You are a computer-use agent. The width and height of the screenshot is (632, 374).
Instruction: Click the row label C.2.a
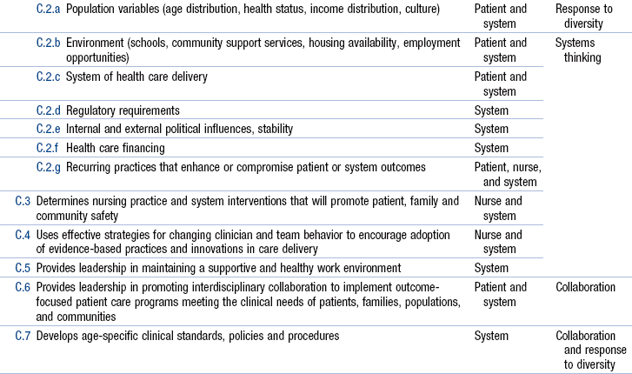(x=49, y=9)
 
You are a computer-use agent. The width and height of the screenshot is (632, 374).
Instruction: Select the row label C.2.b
(x=49, y=43)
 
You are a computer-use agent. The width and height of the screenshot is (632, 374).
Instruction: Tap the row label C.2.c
(x=49, y=77)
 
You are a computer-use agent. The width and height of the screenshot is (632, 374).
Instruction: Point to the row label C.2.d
(x=49, y=110)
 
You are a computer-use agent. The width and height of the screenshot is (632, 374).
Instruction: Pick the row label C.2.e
(x=49, y=129)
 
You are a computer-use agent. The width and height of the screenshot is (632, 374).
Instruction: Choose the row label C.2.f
(x=49, y=148)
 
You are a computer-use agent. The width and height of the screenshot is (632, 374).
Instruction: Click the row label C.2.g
(x=49, y=166)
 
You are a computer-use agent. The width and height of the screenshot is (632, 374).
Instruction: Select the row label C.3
(x=23, y=201)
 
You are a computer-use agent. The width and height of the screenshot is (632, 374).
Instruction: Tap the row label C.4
(x=23, y=235)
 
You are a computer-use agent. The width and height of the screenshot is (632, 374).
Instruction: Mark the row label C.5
(x=23, y=268)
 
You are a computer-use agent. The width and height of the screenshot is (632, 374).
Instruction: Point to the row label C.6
(x=23, y=287)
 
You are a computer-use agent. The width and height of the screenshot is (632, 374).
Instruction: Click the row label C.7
(x=23, y=335)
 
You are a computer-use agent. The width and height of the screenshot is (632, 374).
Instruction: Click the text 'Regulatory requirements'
(x=123, y=110)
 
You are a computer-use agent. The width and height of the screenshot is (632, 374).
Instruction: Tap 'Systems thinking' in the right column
(x=578, y=50)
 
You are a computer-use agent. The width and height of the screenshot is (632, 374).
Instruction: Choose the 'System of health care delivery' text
(x=136, y=77)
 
